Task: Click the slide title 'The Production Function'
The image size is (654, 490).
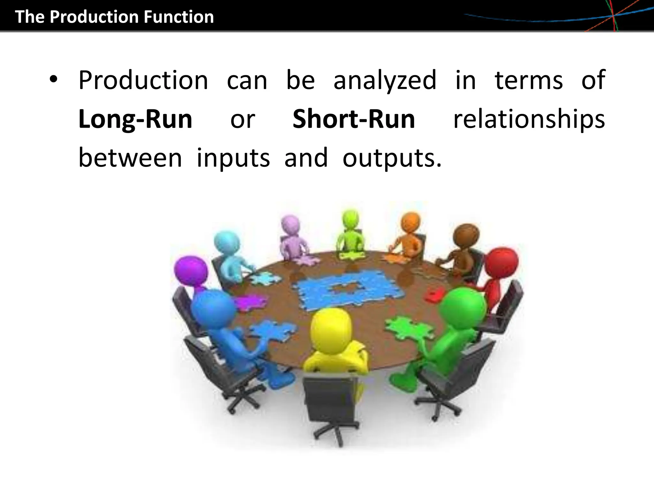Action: pos(114,17)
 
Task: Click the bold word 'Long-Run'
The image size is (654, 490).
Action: pos(135,119)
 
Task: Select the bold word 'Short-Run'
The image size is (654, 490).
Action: pos(354,119)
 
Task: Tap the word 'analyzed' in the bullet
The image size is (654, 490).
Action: pos(385,80)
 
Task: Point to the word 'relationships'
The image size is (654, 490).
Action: pos(529,119)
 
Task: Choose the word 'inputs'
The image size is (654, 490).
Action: pos(233,158)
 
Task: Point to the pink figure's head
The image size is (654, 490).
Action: pos(291,225)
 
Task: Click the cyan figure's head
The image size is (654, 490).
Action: pos(226,244)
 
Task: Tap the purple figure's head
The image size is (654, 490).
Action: pos(191,271)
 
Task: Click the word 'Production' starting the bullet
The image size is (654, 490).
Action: pos(143,80)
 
